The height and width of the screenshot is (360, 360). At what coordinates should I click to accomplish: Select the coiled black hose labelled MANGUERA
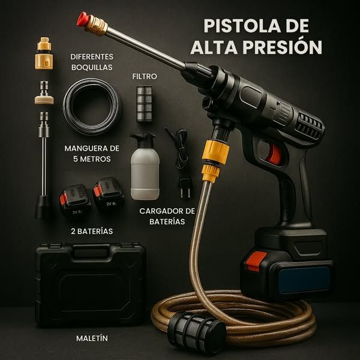tap(92, 106)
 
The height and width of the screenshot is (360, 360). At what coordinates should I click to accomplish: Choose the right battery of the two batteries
tap(109, 194)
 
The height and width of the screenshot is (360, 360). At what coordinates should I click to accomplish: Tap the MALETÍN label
tap(92, 338)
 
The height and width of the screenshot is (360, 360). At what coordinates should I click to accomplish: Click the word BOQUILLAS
tap(91, 67)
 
